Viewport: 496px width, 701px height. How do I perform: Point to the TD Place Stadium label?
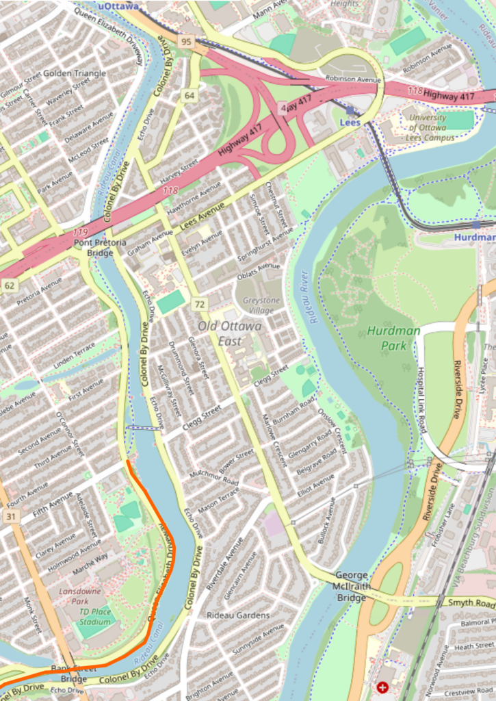[94, 617]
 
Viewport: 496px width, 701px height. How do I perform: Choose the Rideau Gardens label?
[238, 615]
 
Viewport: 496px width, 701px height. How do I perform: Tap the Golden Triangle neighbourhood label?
[75, 73]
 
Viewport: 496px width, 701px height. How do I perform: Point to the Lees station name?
[350, 123]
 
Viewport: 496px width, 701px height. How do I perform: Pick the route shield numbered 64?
[189, 95]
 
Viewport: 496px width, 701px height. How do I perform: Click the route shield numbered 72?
[199, 303]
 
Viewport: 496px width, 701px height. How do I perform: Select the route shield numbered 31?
[11, 515]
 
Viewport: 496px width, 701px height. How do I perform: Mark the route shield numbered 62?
[9, 285]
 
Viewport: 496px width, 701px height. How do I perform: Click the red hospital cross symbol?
[381, 687]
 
